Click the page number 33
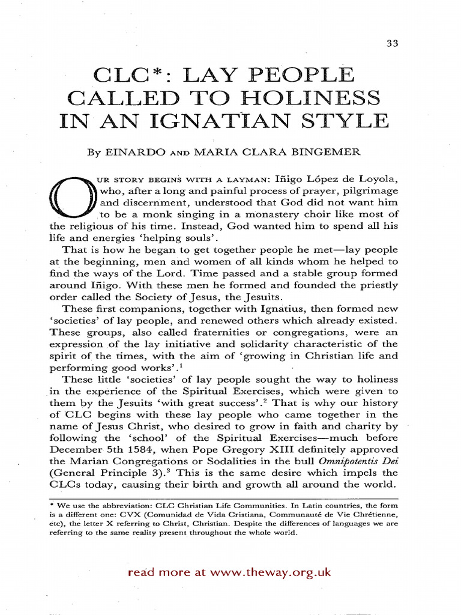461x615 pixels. click(x=394, y=43)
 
